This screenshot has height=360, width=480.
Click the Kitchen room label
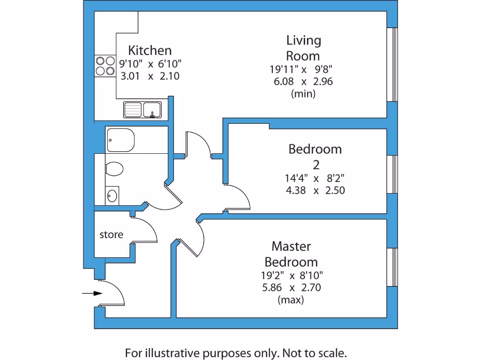coord(150,50)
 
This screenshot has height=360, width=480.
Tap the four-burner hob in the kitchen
coord(105,66)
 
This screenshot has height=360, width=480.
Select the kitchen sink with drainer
coord(142,110)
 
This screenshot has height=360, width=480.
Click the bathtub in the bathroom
coord(121,140)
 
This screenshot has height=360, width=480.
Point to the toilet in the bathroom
coord(114,169)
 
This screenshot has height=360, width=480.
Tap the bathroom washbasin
coord(112,195)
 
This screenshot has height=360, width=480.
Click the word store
coord(111,234)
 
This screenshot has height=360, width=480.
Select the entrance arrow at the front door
coord(92,293)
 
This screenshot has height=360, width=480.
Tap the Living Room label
coord(303,48)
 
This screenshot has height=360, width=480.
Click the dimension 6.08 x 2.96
coord(303,81)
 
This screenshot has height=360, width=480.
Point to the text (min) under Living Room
coord(303,93)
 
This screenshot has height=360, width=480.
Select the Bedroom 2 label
coord(315,157)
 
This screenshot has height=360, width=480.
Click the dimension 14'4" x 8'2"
coord(315,178)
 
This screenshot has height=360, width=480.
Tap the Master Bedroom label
coord(291,254)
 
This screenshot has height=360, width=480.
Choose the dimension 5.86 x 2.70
coord(291,287)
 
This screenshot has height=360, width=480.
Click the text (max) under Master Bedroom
coord(291,300)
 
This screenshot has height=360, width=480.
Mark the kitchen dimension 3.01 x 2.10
coord(150,76)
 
